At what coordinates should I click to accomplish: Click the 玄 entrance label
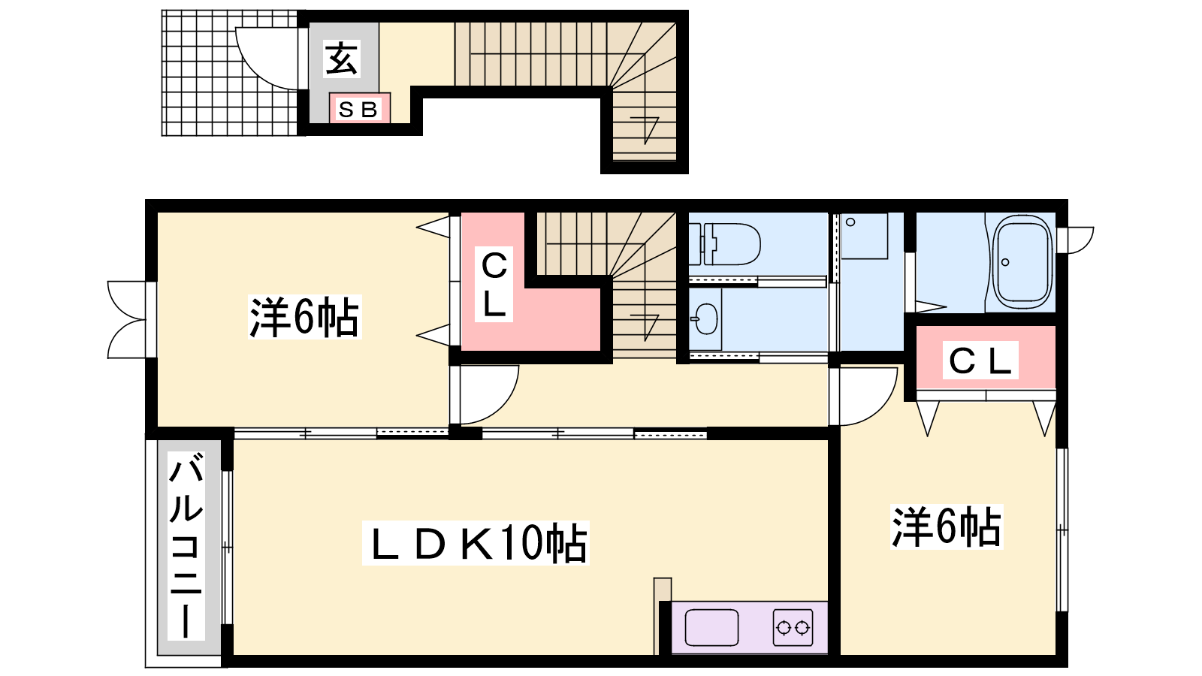[341, 59]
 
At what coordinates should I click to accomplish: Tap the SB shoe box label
[358, 110]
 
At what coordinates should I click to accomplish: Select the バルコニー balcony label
[186, 545]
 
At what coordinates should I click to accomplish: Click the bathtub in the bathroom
[1022, 262]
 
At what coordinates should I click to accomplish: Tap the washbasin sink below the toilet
[705, 319]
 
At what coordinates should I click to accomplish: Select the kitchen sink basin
[711, 627]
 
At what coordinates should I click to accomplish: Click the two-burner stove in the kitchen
[793, 627]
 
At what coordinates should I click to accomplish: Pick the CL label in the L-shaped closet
[494, 285]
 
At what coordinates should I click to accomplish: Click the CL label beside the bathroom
[980, 361]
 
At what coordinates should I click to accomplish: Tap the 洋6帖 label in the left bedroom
[304, 317]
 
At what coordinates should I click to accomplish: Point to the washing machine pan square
[864, 236]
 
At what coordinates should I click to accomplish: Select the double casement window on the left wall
[127, 320]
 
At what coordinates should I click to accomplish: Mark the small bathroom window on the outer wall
[1076, 240]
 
